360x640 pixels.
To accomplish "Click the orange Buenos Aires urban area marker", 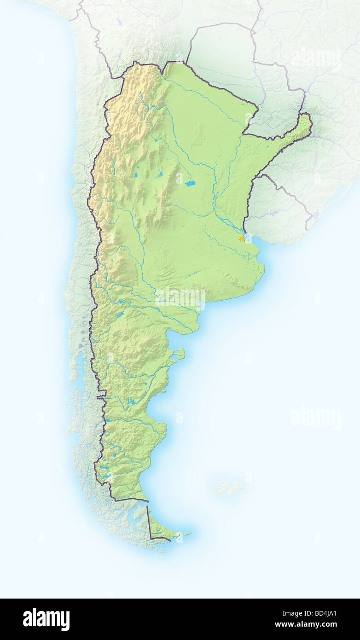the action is (241, 239).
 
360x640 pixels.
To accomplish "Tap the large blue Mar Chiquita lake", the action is (190, 184).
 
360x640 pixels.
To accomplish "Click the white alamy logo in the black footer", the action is (46, 619).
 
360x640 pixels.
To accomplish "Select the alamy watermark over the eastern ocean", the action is (316, 418).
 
